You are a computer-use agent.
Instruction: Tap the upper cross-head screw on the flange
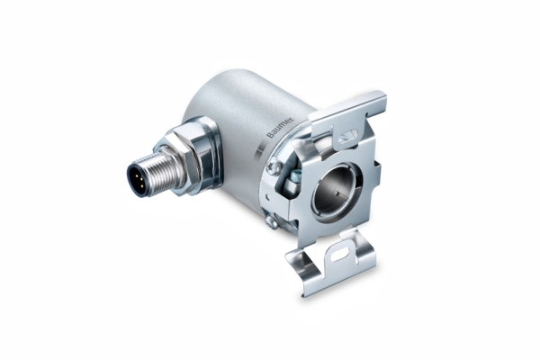(274, 166)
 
